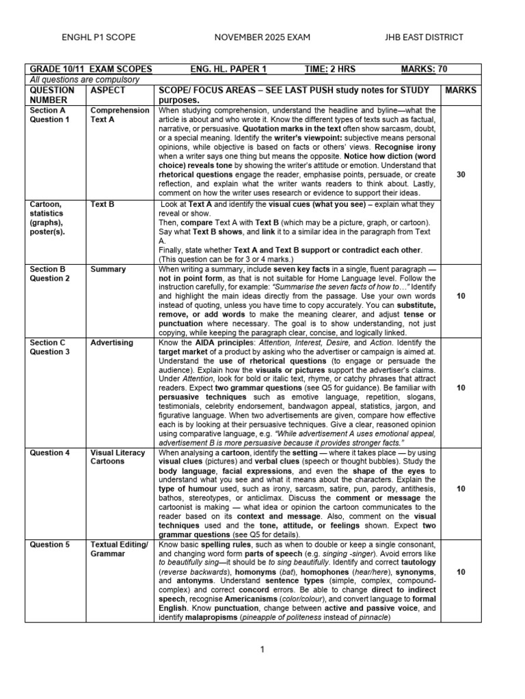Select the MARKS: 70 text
(x=424, y=69)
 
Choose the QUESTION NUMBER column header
(x=52, y=95)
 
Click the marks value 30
(x=461, y=175)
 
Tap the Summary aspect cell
(x=108, y=269)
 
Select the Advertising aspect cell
(x=113, y=343)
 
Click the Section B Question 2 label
(x=49, y=274)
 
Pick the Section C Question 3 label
(x=49, y=347)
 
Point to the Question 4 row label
(x=49, y=452)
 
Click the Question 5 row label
(x=49, y=545)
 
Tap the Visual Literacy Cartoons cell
(x=118, y=457)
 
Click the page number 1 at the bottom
(x=262, y=649)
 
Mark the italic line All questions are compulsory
(x=84, y=79)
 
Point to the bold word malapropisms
(x=211, y=617)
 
